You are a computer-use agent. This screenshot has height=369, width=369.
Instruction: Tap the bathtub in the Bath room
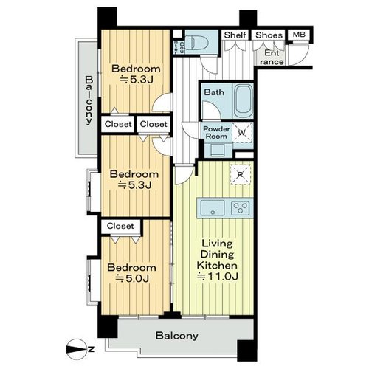point(244,101)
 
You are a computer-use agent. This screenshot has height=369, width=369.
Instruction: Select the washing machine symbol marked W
point(243,133)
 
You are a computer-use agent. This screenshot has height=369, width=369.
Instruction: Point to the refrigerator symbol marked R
point(240,174)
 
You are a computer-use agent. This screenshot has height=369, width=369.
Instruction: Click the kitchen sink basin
point(213,208)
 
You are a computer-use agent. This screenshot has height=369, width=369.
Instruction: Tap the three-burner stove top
point(240,208)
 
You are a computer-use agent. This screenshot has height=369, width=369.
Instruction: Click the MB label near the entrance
point(299,35)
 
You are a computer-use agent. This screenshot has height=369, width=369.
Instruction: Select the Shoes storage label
point(269,35)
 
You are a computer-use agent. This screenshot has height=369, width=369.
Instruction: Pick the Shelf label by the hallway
point(235,35)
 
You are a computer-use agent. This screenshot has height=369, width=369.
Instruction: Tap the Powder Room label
point(216,132)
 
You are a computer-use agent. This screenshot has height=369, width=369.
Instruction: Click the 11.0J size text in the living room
point(217,277)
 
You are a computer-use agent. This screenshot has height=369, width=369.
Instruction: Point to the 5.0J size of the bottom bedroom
point(132,278)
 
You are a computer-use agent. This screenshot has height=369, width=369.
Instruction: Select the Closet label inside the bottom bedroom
point(120,226)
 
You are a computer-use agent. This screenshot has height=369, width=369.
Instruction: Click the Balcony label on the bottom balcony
point(177,336)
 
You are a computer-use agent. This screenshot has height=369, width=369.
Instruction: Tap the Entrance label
point(272,57)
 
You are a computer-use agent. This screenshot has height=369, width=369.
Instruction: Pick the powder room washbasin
point(218,150)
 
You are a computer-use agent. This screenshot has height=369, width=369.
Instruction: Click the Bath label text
point(214,92)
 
